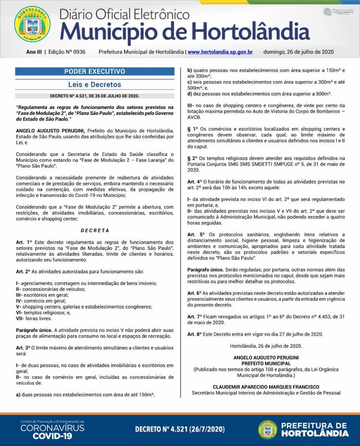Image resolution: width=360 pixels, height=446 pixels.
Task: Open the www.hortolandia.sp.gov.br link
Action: [x=220, y=52]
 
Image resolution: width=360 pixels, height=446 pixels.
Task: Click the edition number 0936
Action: [x=79, y=52]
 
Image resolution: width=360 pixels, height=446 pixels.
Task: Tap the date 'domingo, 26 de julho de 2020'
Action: [x=298, y=52]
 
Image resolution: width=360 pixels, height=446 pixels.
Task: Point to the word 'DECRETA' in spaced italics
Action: [x=95, y=230]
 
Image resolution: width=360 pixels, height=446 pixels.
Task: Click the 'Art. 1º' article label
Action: [x=24, y=243]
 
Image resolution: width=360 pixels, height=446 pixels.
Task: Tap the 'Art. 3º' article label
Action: [x=24, y=348]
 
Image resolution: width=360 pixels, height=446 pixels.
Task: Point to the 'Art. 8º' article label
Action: [x=196, y=334]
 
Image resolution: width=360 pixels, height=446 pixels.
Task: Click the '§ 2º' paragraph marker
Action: [x=193, y=158]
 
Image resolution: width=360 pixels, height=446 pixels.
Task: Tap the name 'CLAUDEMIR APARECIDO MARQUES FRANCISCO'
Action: [x=266, y=387]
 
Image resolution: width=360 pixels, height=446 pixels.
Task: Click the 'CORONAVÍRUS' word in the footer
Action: [x=52, y=427]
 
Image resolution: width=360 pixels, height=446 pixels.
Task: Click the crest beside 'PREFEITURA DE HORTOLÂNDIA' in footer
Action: [x=268, y=429]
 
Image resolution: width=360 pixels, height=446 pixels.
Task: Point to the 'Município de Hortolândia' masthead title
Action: [x=185, y=31]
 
